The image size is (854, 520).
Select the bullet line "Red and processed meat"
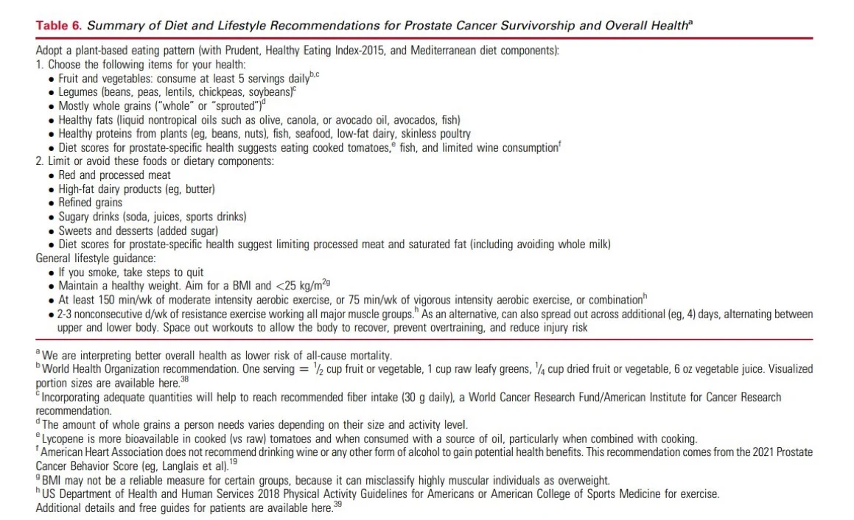click(x=114, y=175)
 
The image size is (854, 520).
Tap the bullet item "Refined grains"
click(x=90, y=203)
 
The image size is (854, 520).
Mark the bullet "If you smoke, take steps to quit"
click(x=130, y=272)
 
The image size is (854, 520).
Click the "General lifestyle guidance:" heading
click(x=96, y=259)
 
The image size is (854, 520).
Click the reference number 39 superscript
click(x=337, y=506)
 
